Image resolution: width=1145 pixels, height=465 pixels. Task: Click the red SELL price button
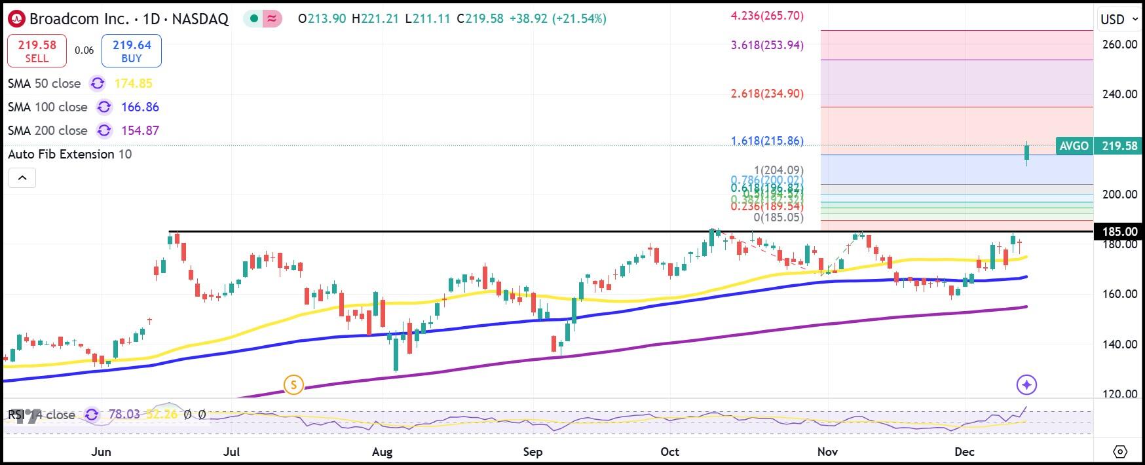[x=37, y=51]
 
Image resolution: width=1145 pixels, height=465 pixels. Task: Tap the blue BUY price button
[x=132, y=51]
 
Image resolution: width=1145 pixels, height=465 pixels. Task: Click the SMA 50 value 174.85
[x=133, y=83]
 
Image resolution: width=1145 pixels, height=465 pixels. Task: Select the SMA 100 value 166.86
[x=140, y=107]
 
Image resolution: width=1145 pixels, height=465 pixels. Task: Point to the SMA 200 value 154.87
[x=140, y=130]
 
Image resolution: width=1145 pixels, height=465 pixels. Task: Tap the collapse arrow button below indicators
[x=22, y=177]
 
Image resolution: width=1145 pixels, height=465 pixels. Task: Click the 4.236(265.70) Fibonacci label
[x=767, y=15]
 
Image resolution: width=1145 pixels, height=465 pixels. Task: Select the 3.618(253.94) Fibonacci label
[x=767, y=45]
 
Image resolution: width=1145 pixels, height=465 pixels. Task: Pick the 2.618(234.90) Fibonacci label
[x=767, y=94]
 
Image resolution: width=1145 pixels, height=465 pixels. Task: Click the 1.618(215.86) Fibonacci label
[x=767, y=141]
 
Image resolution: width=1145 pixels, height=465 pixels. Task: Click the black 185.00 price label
[x=1119, y=231]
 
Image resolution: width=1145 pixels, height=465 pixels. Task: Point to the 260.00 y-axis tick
[x=1119, y=45]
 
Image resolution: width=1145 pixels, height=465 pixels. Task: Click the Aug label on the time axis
[x=382, y=452]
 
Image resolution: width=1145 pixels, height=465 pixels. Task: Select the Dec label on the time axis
[x=964, y=452]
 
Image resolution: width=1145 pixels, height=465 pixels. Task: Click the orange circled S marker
[x=293, y=384]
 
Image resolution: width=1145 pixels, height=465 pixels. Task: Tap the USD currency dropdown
[x=1119, y=19]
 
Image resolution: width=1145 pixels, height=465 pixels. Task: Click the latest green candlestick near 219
[x=1026, y=153]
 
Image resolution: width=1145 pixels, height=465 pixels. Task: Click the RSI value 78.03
[x=124, y=415]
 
